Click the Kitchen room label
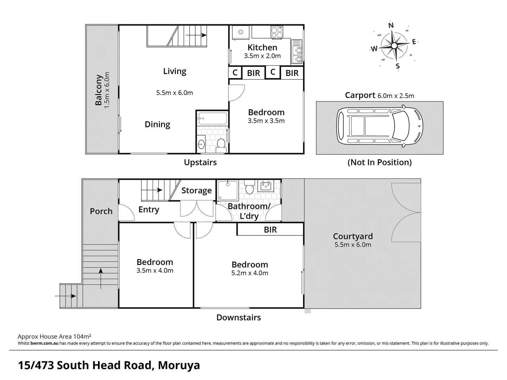point(262,47)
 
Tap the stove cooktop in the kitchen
point(277,32)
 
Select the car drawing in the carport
point(380,127)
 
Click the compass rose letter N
point(391,25)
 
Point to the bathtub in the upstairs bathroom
point(212,118)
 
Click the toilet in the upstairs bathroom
point(221,144)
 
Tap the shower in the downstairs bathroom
point(228,190)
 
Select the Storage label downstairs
point(196,191)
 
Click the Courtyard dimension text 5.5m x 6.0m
point(353,245)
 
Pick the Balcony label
point(99,90)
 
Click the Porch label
point(101,211)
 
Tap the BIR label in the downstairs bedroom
point(270,230)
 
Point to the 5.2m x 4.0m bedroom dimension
point(250,273)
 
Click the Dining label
point(157,125)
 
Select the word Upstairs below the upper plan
point(200,162)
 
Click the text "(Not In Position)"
point(379,162)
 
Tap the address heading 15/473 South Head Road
point(109,365)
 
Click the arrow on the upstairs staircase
point(196,35)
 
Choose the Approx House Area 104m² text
point(55,336)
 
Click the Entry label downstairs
point(148,210)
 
